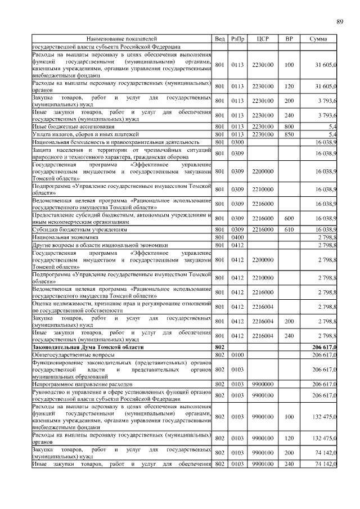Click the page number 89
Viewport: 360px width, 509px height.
pyautogui.click(x=340, y=22)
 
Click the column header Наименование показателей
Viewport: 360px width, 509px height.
pyautogui.click(x=121, y=39)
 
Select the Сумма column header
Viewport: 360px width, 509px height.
pyautogui.click(x=318, y=39)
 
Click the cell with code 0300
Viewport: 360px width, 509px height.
pyautogui.click(x=236, y=142)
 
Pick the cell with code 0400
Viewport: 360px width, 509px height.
pyautogui.click(x=236, y=238)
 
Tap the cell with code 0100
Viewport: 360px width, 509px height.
pyautogui.click(x=236, y=355)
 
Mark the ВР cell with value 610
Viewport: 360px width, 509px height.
pyautogui.click(x=289, y=230)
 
